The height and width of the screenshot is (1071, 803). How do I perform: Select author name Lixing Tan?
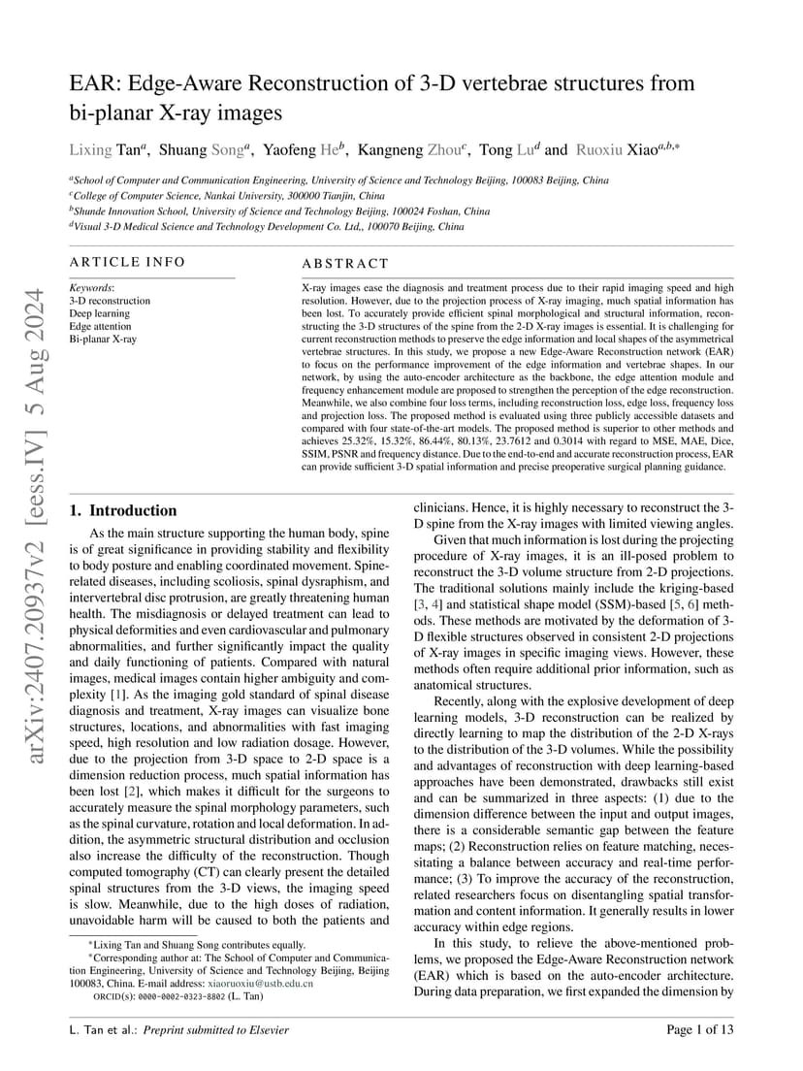109,149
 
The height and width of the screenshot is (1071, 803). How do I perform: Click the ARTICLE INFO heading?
126,262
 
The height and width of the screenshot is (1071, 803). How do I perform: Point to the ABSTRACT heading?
345,263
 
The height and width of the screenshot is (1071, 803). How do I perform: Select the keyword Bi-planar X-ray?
103,340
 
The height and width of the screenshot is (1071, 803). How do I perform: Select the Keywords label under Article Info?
91,288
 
